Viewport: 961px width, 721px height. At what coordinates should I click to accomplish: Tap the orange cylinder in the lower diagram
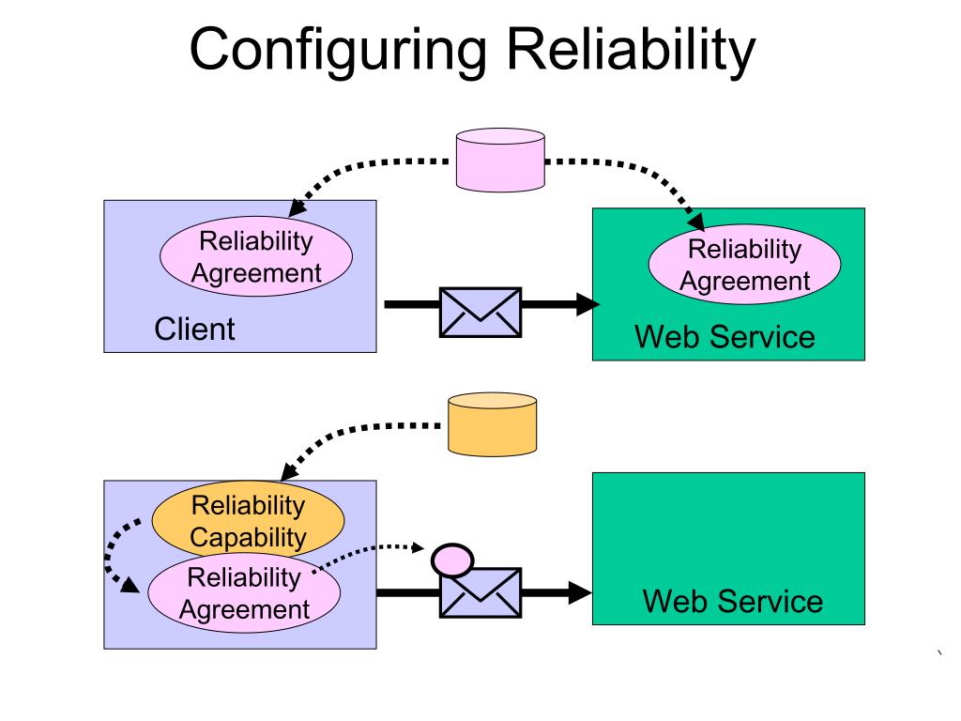pos(492,423)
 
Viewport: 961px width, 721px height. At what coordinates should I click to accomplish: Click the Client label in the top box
pos(194,330)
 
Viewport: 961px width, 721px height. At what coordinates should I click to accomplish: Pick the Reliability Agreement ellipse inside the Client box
pos(255,256)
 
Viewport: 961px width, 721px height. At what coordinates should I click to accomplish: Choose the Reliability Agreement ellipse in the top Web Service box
pos(744,265)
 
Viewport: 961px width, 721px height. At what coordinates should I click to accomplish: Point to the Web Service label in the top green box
pos(725,336)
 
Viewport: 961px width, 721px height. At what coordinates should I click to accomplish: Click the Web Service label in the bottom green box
pos(732,601)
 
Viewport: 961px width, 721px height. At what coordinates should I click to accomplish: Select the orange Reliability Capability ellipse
pos(248,520)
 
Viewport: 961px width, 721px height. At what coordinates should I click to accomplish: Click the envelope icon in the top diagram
pos(480,313)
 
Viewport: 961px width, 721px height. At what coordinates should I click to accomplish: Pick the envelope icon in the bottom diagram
pos(480,592)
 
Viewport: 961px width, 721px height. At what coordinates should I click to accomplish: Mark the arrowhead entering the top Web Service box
pos(588,303)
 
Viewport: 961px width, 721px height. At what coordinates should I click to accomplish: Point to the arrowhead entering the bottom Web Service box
pos(581,592)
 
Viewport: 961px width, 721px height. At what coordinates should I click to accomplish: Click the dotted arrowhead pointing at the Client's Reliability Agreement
pos(298,207)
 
